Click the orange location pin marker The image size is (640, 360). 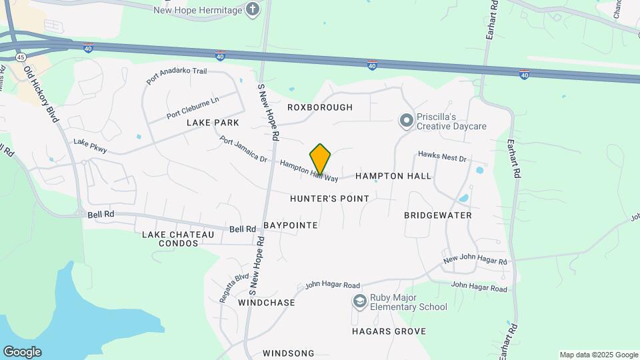tap(321, 159)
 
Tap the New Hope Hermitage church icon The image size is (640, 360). tap(253, 9)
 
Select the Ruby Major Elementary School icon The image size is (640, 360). tap(360, 302)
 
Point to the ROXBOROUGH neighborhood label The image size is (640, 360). tap(320, 107)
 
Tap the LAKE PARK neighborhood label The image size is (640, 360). tap(213, 123)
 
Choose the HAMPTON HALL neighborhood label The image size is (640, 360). tap(393, 176)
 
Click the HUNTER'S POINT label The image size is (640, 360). tap(329, 199)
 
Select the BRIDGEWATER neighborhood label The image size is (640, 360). tap(438, 215)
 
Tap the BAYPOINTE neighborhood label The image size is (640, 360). tap(290, 225)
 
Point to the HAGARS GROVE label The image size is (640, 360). tap(384, 331)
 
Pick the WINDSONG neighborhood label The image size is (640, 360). tap(288, 353)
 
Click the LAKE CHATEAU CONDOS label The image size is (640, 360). tap(178, 239)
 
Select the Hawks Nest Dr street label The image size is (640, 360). tap(441, 157)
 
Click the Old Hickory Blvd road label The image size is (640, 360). tap(42, 93)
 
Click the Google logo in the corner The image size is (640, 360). tap(21, 352)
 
